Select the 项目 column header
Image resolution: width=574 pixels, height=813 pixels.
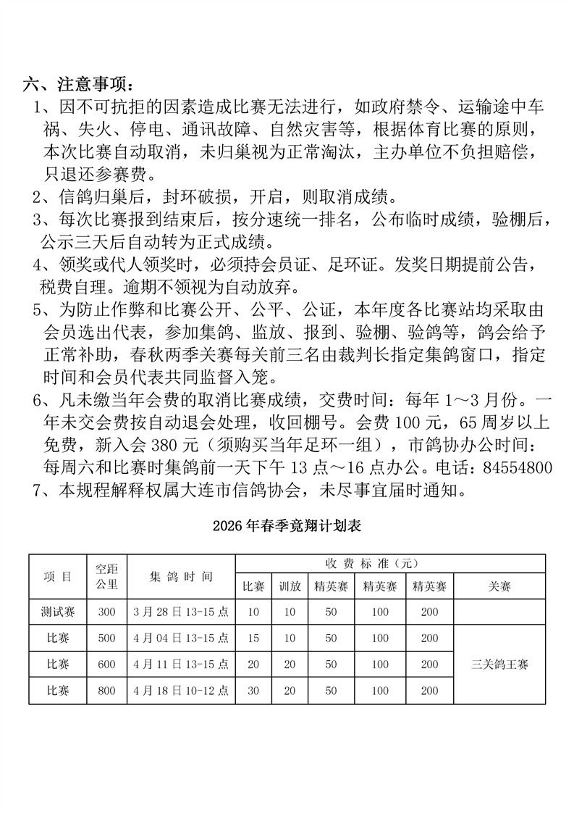58,577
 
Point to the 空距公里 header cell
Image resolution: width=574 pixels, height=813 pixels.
106,577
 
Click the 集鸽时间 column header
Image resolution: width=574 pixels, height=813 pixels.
181,577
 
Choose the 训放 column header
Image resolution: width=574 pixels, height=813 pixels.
290,587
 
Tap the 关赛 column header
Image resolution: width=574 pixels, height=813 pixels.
499,587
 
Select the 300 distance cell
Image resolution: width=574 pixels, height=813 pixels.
106,612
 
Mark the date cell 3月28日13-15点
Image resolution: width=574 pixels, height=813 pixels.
181,612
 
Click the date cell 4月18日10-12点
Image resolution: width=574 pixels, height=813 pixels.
181,691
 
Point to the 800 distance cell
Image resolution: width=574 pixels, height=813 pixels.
106,691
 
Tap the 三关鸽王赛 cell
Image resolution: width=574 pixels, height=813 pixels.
499,664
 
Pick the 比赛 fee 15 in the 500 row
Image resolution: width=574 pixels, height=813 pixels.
253,638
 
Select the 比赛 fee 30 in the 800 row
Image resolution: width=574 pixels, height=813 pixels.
253,691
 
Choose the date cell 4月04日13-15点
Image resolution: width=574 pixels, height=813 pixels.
181,638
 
